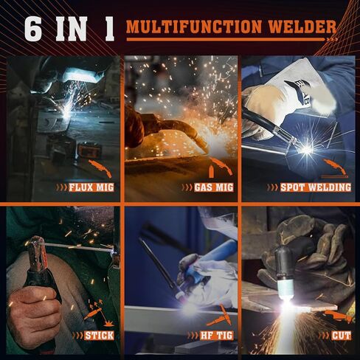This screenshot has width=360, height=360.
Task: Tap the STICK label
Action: click(99, 336)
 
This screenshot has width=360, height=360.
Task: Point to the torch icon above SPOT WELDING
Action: click(336, 166)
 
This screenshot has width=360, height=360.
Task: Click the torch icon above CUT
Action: click(338, 316)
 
